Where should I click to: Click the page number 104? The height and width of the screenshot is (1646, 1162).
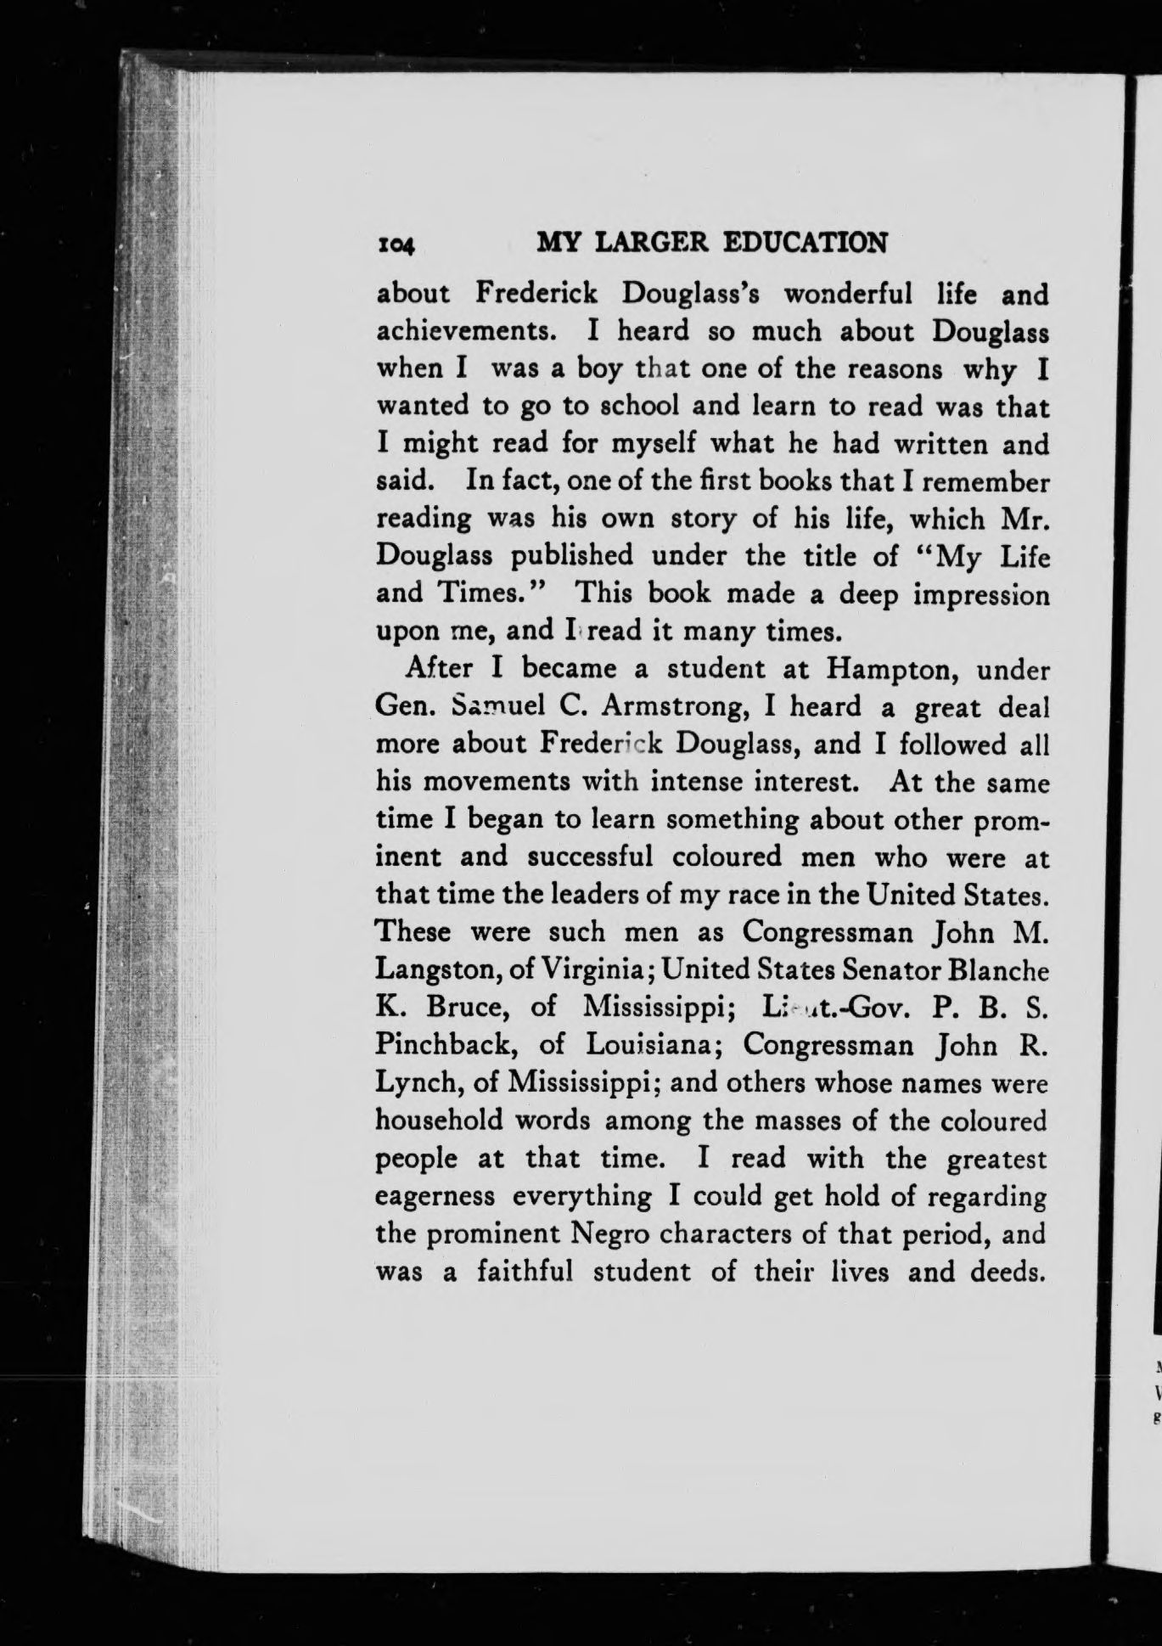point(396,244)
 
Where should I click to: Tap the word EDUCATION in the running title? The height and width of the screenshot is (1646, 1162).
point(805,243)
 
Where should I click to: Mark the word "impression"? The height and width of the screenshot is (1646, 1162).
point(981,594)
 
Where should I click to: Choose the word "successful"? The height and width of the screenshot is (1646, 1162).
point(592,856)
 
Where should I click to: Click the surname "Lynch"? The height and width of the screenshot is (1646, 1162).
point(411,1082)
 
